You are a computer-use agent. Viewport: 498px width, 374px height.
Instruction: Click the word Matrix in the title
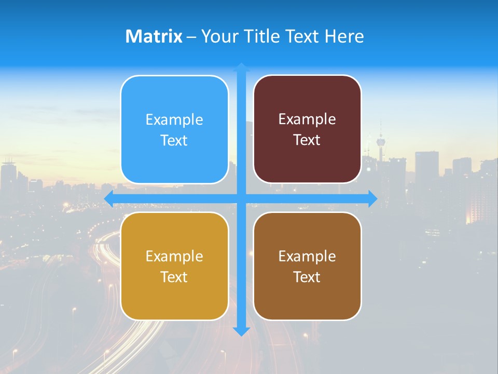[154, 36]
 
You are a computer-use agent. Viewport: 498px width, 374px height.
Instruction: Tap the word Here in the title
[344, 36]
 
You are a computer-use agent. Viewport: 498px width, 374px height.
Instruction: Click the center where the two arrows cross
[241, 198]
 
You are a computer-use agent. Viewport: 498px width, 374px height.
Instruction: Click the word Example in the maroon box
[307, 119]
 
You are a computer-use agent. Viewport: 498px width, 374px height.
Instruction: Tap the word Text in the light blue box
[174, 141]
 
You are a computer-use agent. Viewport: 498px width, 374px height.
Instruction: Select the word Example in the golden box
[174, 256]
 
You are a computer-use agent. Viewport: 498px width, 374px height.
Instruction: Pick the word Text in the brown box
[307, 277]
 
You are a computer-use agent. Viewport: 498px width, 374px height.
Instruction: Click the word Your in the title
[217, 36]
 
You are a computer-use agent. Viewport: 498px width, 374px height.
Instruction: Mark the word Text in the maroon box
[307, 140]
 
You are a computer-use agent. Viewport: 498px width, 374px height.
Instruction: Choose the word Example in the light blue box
[174, 120]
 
